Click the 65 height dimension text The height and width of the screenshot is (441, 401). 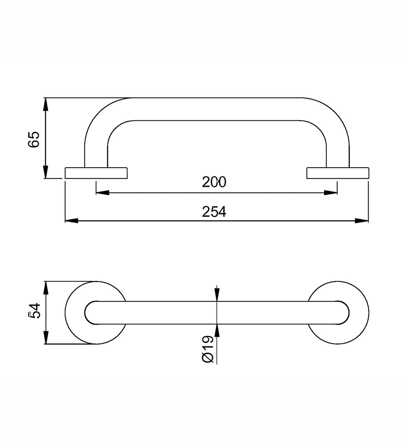pyautogui.click(x=34, y=139)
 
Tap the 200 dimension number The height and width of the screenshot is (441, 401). pyautogui.click(x=214, y=182)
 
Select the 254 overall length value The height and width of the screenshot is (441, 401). pyautogui.click(x=214, y=212)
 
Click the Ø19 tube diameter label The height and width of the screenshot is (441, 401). pyautogui.click(x=208, y=349)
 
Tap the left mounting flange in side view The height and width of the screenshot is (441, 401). pyautogui.click(x=96, y=173)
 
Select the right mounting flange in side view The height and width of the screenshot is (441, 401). pyautogui.click(x=338, y=173)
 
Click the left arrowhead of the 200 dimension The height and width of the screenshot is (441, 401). pyautogui.click(x=102, y=193)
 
